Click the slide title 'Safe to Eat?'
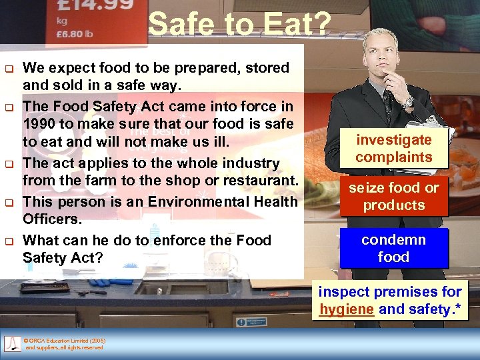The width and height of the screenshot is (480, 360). [239, 25]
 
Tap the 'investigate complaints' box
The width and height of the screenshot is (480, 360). [393, 149]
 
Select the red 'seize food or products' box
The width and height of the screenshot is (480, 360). [393, 197]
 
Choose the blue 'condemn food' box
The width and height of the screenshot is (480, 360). [393, 248]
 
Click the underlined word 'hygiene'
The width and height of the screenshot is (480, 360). [346, 309]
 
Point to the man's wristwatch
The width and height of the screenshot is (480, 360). [407, 102]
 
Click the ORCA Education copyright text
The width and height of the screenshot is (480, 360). [64, 344]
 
